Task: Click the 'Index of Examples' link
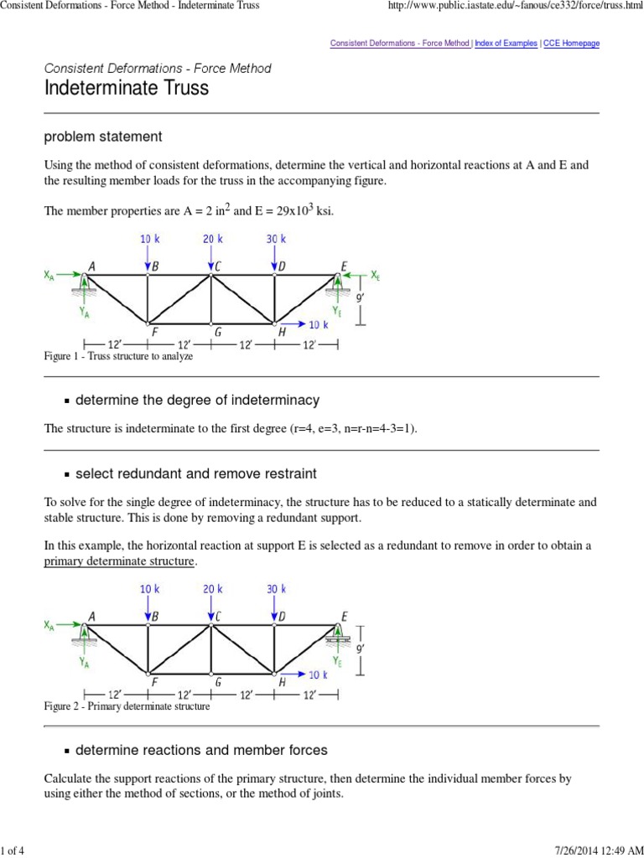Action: click(506, 43)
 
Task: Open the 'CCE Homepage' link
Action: click(572, 43)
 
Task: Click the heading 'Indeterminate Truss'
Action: click(126, 88)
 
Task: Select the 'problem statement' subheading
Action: click(103, 136)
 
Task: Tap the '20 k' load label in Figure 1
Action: click(213, 239)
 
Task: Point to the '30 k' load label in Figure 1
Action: click(277, 239)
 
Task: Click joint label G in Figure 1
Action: click(216, 332)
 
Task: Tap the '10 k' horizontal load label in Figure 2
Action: click(319, 675)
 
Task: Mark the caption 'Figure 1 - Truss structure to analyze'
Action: click(118, 356)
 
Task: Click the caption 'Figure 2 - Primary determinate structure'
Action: click(127, 706)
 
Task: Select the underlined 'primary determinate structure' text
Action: click(119, 561)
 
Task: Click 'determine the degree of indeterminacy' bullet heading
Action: click(197, 401)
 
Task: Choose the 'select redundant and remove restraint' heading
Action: click(195, 474)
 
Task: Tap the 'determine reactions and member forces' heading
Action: click(201, 750)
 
